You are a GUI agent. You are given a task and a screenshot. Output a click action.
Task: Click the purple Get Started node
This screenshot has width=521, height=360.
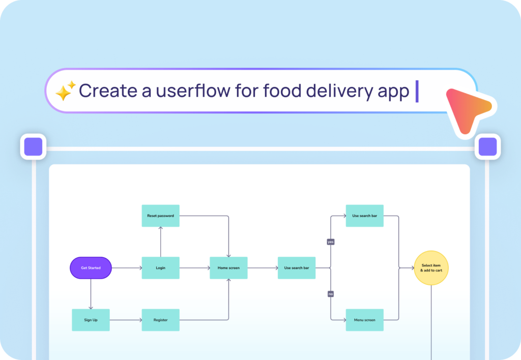tap(91, 268)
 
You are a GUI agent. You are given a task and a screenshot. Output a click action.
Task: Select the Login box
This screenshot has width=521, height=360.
tap(160, 268)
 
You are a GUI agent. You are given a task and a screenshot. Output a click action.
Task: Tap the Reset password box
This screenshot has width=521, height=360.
tap(160, 216)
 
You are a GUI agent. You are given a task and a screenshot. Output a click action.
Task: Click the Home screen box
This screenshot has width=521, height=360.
tap(228, 268)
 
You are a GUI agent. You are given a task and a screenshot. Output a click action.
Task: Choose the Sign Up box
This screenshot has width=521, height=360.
tap(91, 320)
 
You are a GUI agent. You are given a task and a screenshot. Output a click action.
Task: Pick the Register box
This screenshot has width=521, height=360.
tap(160, 320)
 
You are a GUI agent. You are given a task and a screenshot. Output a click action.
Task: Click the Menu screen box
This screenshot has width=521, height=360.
tap(364, 320)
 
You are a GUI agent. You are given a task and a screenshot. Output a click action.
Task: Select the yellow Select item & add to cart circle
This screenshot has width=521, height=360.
tap(431, 268)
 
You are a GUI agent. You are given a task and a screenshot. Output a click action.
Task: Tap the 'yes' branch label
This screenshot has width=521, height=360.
tap(331, 242)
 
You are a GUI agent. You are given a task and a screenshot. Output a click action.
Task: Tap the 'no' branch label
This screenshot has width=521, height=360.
tap(331, 294)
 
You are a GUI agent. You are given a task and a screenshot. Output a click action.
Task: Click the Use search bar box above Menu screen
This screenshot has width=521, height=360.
tap(364, 216)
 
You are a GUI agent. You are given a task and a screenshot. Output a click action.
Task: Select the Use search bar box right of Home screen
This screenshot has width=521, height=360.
tap(296, 268)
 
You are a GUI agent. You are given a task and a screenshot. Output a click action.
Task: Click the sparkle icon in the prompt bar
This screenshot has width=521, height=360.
tap(66, 91)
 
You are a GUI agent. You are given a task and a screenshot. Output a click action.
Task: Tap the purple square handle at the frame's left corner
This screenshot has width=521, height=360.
tap(33, 147)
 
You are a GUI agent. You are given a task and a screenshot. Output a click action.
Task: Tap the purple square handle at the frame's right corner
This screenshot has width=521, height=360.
tap(487, 147)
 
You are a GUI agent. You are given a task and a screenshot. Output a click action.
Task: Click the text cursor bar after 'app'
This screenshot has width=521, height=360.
tap(417, 91)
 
